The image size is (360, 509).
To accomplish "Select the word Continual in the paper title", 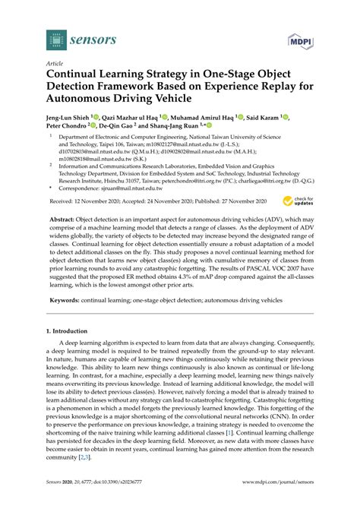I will pos(77,77).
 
